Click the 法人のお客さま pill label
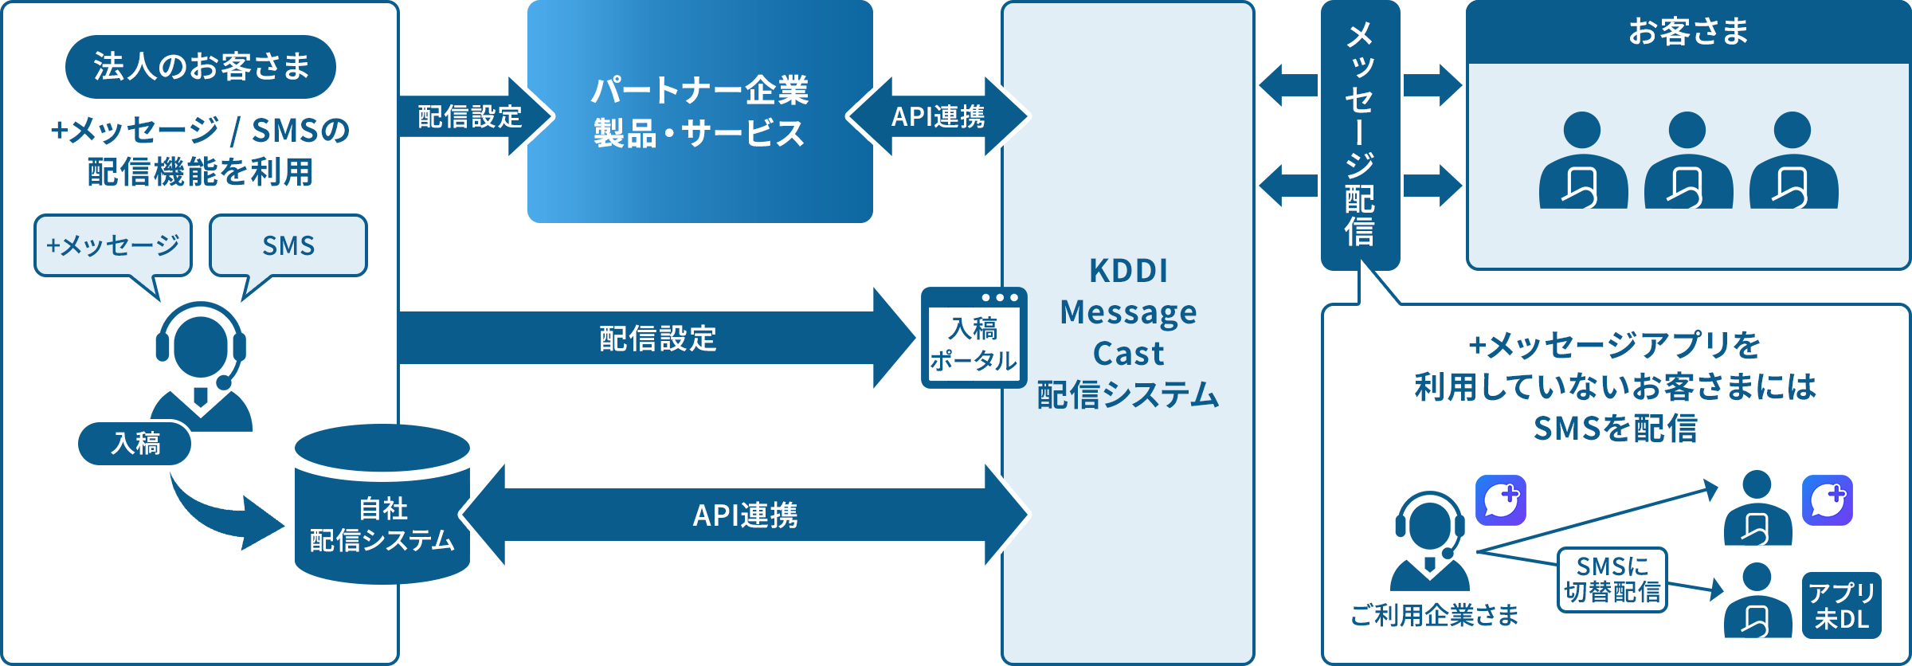pyautogui.click(x=200, y=67)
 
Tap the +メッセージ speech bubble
pyautogui.click(x=113, y=245)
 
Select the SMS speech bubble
pyautogui.click(x=288, y=245)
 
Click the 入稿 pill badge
pyautogui.click(x=135, y=443)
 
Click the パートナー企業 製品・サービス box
pyautogui.click(x=699, y=112)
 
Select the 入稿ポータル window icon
pyautogui.click(x=974, y=339)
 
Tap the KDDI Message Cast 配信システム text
pyautogui.click(x=1128, y=333)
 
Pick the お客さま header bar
pyautogui.click(x=1688, y=32)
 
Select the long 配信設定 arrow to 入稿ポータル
pyautogui.click(x=657, y=339)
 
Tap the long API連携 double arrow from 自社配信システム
pyautogui.click(x=745, y=515)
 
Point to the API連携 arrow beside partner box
pyautogui.click(x=938, y=116)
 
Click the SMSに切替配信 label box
pyautogui.click(x=1612, y=579)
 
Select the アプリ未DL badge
pyautogui.click(x=1841, y=605)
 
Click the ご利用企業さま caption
pyautogui.click(x=1434, y=615)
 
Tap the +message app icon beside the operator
pyautogui.click(x=1500, y=500)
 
